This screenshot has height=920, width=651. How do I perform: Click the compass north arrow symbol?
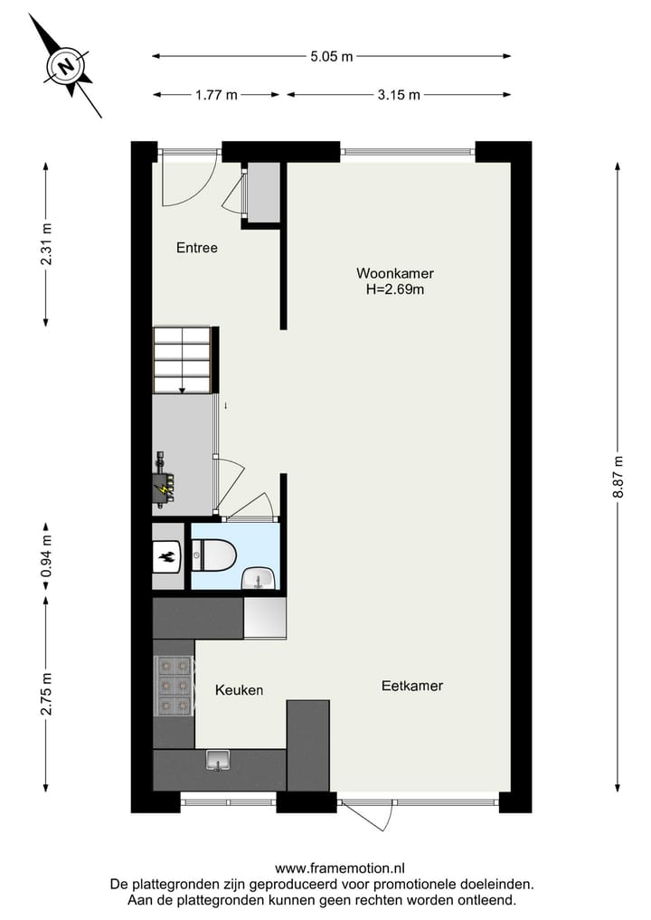tap(65, 66)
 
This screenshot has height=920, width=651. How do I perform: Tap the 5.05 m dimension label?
tap(331, 56)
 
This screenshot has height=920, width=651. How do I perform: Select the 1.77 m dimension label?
tap(216, 95)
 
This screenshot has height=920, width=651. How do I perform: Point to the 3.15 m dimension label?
tap(399, 95)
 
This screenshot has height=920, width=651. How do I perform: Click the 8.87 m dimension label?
tap(618, 475)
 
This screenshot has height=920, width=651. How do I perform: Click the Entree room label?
tap(196, 248)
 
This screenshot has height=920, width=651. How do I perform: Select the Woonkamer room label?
tap(394, 273)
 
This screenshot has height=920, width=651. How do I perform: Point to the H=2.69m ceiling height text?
tap(394, 290)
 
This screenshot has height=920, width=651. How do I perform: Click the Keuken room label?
tap(239, 690)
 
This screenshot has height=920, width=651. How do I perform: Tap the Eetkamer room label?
tap(412, 686)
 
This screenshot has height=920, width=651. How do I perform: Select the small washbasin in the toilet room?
tap(259, 578)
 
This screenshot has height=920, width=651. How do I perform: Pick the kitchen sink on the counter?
tap(218, 760)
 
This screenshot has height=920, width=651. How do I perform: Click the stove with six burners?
tap(174, 685)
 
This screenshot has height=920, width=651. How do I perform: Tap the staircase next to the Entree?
tap(184, 359)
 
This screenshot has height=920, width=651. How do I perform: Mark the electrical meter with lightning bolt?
tap(164, 487)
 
